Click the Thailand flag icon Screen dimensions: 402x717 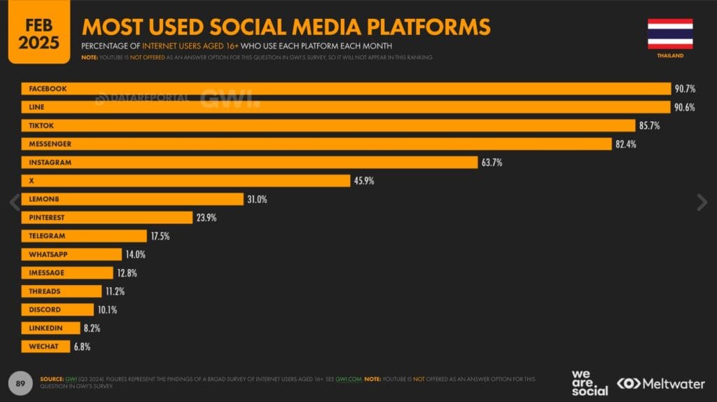[x=670, y=34]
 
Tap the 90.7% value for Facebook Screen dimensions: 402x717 [x=685, y=89]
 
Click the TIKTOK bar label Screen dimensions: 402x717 [x=41, y=125]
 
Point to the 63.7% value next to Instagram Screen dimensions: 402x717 [x=491, y=162]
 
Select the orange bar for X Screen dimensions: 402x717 [x=186, y=181]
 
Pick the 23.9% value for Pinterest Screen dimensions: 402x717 [x=206, y=218]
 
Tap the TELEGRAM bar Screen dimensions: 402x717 [x=84, y=236]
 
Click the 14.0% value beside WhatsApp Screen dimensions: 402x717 [x=137, y=254]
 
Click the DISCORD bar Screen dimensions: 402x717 [x=57, y=310]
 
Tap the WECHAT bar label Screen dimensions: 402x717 [x=43, y=347]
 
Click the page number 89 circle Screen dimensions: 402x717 [x=21, y=382]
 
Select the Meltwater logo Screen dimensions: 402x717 [x=660, y=383]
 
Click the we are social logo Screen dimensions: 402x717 [x=590, y=382]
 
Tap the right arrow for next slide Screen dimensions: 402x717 [x=702, y=202]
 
